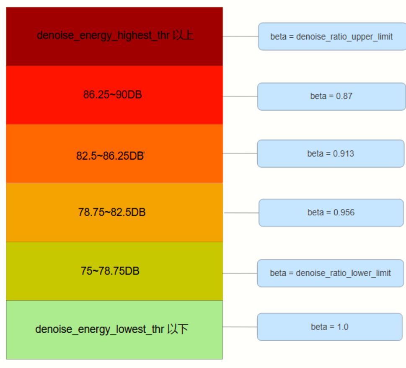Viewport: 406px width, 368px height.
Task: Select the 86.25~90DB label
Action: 113,95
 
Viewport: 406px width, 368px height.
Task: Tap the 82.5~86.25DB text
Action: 110,156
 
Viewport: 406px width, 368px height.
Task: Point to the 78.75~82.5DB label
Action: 112,212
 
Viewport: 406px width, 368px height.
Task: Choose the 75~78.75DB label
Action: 110,271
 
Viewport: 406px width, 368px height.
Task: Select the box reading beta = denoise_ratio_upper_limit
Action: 332,36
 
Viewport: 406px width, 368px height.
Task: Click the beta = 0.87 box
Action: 331,96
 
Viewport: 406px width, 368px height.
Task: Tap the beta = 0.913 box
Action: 331,153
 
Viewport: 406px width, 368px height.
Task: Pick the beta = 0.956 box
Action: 331,213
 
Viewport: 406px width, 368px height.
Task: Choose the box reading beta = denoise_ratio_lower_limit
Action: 331,273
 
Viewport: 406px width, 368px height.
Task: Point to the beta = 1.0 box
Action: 330,327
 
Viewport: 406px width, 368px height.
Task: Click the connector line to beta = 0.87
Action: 240,96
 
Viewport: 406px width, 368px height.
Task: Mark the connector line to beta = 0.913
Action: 240,153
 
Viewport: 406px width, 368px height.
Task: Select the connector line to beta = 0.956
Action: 241,213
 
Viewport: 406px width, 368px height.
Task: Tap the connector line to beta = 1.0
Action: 240,327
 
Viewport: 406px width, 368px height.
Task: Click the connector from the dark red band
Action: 240,36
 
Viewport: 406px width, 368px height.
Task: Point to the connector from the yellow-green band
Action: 240,273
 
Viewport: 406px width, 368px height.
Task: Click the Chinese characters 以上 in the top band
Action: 183,35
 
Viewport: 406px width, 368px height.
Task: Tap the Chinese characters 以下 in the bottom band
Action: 178,329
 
